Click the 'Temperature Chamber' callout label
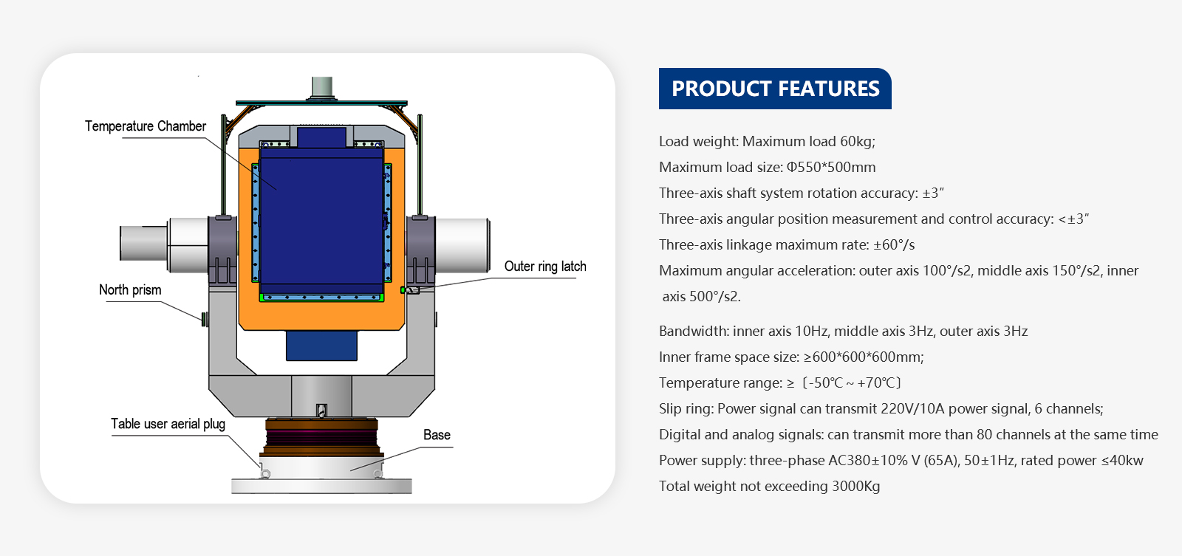pyautogui.click(x=146, y=126)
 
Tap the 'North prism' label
pyautogui.click(x=130, y=290)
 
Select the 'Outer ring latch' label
pyautogui.click(x=545, y=267)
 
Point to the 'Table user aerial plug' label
pyautogui.click(x=168, y=424)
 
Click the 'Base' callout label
pyautogui.click(x=437, y=435)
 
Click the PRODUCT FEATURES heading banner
pyautogui.click(x=775, y=89)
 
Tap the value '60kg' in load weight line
pyautogui.click(x=857, y=142)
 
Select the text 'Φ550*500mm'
pyautogui.click(x=831, y=168)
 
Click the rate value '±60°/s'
pyautogui.click(x=894, y=245)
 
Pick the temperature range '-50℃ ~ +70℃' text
pyautogui.click(x=853, y=383)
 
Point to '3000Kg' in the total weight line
pyautogui.click(x=856, y=487)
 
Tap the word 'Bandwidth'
pyautogui.click(x=691, y=332)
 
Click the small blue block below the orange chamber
pyautogui.click(x=321, y=346)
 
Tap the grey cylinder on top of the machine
pyautogui.click(x=322, y=88)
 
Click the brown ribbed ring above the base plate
pyautogui.click(x=321, y=439)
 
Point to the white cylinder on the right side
pyautogui.click(x=462, y=245)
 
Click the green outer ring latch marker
pyautogui.click(x=403, y=290)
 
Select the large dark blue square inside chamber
pyautogui.click(x=321, y=222)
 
